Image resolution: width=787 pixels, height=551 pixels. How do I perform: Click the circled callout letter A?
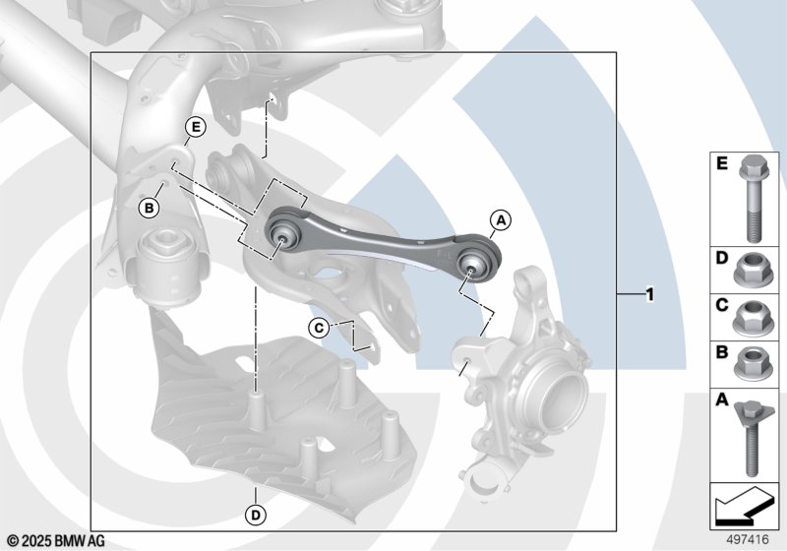coord(501,219)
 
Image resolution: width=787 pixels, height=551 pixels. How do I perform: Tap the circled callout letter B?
coord(150,208)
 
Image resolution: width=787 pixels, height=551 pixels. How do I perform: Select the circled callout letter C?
coord(319,329)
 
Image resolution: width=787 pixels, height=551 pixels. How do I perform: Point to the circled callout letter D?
coord(256,515)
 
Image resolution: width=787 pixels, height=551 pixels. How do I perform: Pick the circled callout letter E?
coord(195,127)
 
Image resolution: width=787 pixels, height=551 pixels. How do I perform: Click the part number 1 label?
coord(650,294)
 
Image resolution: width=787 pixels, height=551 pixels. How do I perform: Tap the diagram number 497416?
coord(748,540)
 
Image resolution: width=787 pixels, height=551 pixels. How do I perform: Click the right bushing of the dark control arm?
coord(470,263)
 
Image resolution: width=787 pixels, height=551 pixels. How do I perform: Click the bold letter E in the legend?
coord(722,163)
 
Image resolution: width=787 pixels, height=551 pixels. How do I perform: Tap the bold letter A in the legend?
coord(722,399)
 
